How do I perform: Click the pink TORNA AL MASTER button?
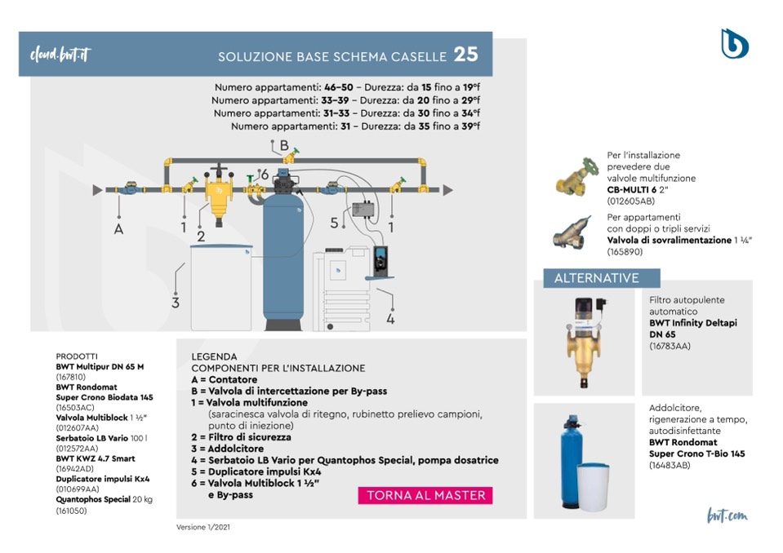[425, 495]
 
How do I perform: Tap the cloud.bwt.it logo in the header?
[59, 55]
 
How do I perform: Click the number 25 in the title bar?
[466, 55]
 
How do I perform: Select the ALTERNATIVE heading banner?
[597, 278]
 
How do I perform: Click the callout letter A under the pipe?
[118, 229]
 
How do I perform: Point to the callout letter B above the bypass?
[284, 145]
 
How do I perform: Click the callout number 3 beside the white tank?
[175, 303]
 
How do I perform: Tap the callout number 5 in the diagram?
[333, 222]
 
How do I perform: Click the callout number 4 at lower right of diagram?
[390, 319]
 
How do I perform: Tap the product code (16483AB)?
[670, 465]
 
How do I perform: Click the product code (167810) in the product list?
[70, 378]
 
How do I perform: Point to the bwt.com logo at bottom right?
[727, 515]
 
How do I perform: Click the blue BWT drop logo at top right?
[734, 43]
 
